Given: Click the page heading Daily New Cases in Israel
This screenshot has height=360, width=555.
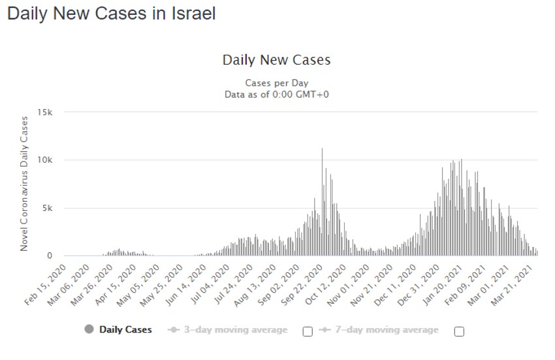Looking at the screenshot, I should click(111, 13).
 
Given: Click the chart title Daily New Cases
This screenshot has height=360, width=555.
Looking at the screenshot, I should click(277, 60).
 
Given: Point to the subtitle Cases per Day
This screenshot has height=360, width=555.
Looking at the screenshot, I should click(277, 83).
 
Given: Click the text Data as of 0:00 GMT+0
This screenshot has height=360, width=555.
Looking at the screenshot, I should click(277, 94).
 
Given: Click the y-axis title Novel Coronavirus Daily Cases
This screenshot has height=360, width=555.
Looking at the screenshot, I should click(25, 184).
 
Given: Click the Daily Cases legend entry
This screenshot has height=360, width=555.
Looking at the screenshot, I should click(125, 330).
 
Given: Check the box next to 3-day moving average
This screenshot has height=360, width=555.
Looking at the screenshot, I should click(308, 331).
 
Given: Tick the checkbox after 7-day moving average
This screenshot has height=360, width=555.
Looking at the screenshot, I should click(459, 331).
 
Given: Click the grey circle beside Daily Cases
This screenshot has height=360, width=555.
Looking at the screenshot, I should click(89, 329).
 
